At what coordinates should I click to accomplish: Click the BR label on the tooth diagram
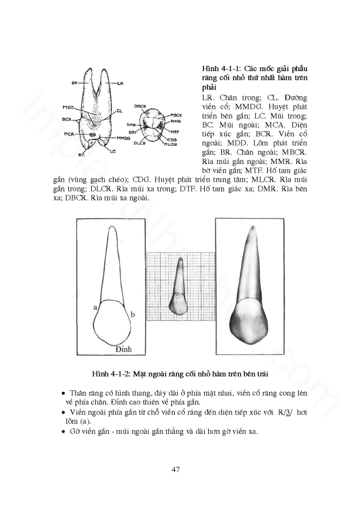point(75,83)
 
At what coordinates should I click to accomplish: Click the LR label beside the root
point(119,83)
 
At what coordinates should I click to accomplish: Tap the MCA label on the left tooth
point(69,134)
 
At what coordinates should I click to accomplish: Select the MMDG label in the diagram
point(122,138)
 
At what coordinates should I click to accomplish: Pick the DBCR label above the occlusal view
point(140,105)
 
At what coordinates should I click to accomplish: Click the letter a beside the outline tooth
point(94,307)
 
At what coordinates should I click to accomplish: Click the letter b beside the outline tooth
point(133,315)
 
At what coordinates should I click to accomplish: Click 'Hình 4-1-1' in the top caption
point(218,69)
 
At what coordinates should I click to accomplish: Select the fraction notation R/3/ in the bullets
point(285,412)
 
